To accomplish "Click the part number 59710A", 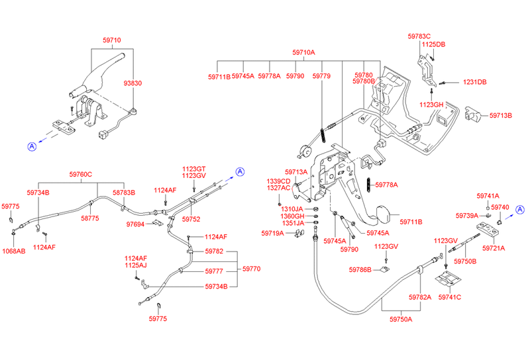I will coord(304,52).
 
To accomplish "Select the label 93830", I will coord(132,83).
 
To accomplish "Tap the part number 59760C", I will coord(80,175).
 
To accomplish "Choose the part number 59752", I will coord(191,219).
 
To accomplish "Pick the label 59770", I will coord(252,269).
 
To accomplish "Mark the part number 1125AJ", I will coord(135,266).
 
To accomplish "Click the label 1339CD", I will coord(278,181).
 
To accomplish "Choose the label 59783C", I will coord(419,36).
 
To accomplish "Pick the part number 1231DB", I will coord(474,82).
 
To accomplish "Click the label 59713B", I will coord(501,116).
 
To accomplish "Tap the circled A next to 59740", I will coord(520,210).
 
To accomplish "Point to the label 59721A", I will coord(494,248).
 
